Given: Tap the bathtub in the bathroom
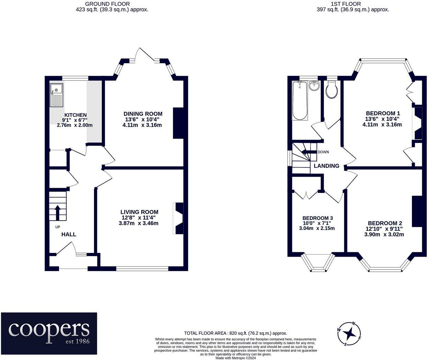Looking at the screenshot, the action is click(300, 101).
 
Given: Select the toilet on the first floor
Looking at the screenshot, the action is click(331, 89).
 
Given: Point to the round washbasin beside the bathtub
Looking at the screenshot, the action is click(314, 85).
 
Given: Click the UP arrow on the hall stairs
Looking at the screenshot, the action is click(58, 213).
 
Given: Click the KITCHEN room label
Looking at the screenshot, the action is click(76, 115).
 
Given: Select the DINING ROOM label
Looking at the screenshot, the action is click(143, 114).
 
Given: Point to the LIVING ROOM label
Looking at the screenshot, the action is click(139, 212).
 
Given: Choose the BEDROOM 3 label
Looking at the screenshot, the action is click(318, 218).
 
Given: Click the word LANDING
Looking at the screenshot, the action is click(326, 166).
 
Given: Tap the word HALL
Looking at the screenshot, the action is click(69, 234).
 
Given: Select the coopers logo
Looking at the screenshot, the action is click(49, 333).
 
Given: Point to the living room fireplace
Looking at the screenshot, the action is click(178, 218).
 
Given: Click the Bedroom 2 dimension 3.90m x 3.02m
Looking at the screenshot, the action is click(384, 234).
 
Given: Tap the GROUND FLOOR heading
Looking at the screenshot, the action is click(107, 4).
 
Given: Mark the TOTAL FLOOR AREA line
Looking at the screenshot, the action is click(235, 333).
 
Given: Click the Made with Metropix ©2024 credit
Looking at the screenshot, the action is click(236, 358).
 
